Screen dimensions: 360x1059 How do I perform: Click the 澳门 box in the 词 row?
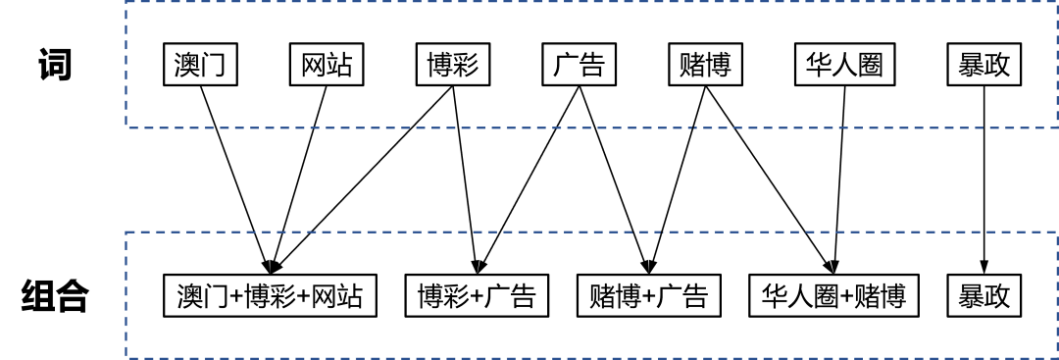point(200,67)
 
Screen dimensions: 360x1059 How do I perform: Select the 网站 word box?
point(327,67)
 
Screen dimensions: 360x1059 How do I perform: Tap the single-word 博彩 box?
point(452,67)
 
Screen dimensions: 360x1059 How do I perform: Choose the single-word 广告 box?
point(579,67)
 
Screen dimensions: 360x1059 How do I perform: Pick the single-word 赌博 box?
point(704,67)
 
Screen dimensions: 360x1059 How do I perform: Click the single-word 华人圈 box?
point(844,67)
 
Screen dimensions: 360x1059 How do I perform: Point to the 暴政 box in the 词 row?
point(984,67)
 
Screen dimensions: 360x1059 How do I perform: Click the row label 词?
point(55,66)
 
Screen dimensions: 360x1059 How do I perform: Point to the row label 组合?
point(55,295)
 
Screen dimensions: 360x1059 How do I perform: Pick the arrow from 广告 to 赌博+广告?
point(612,177)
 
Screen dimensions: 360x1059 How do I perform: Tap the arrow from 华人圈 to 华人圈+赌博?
point(839,177)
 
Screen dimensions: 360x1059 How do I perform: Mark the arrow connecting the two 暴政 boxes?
point(984,177)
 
